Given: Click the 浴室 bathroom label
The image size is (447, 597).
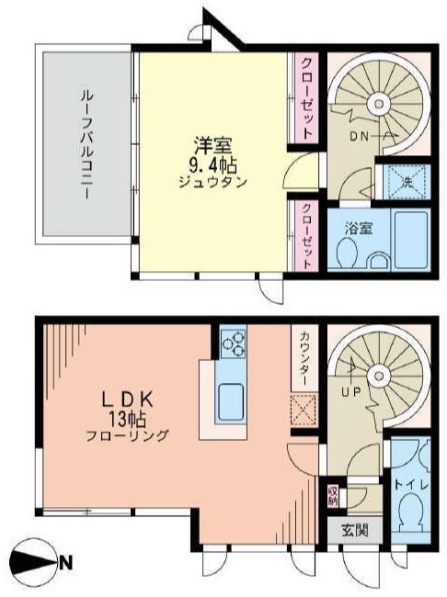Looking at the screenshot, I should pos(358,226).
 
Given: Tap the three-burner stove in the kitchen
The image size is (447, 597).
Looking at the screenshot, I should pos(233,344).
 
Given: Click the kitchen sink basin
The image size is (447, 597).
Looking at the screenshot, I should pos(229,400).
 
